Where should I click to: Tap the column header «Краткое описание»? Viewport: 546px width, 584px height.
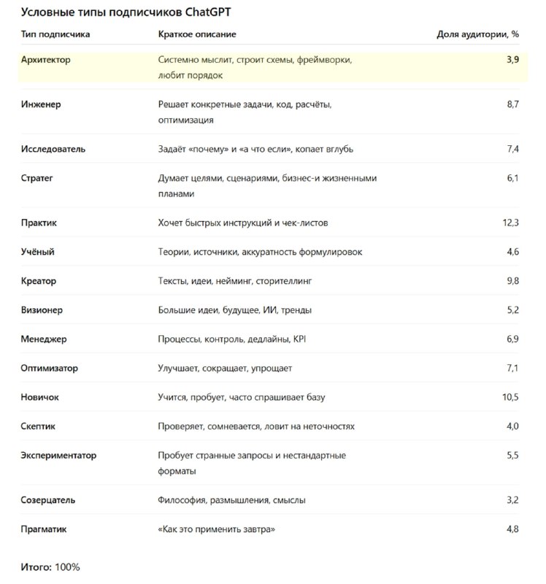(197, 34)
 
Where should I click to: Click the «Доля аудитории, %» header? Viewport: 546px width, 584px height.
(477, 34)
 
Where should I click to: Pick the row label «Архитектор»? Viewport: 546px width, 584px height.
(46, 60)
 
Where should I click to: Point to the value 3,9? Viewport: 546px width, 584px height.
(512, 60)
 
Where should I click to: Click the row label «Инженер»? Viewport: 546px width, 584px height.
(41, 104)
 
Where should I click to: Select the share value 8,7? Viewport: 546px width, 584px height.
(512, 104)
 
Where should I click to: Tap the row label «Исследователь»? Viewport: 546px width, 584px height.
(53, 149)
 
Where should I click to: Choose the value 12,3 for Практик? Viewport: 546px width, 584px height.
(510, 223)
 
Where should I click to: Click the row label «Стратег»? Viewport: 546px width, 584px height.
(37, 178)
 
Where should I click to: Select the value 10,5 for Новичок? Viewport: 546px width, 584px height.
(510, 398)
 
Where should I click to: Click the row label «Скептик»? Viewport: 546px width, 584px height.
(38, 426)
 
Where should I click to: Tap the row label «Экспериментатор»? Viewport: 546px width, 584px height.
(58, 456)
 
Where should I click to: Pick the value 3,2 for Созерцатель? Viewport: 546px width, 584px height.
(512, 500)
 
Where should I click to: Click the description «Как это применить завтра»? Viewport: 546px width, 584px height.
(217, 529)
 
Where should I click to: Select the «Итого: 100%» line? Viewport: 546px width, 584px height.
(50, 567)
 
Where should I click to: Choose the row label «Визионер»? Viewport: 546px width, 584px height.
(42, 310)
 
